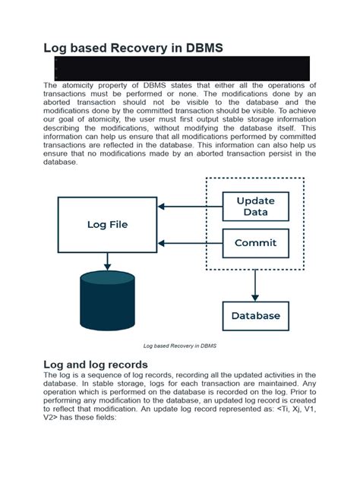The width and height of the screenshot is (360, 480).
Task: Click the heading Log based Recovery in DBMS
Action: point(134,47)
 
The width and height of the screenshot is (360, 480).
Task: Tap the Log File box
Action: point(107,224)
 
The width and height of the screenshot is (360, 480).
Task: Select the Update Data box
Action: point(255,207)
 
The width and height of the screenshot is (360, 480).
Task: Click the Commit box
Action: point(255,244)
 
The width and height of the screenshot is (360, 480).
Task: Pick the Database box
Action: point(255,315)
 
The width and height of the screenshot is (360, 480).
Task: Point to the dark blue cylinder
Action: point(107,302)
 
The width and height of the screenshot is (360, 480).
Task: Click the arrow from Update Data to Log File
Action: point(189,207)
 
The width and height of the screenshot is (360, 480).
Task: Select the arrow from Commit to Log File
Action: point(189,244)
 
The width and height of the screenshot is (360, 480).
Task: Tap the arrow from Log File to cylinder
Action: point(107,262)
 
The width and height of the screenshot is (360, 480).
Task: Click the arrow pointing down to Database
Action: point(255,285)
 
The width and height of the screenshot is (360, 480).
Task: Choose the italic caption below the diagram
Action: point(181,346)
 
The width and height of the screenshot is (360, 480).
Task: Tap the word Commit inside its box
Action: point(255,244)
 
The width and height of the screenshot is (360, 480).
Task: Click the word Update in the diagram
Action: point(255,201)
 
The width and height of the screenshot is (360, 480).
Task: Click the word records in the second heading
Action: point(141,365)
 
